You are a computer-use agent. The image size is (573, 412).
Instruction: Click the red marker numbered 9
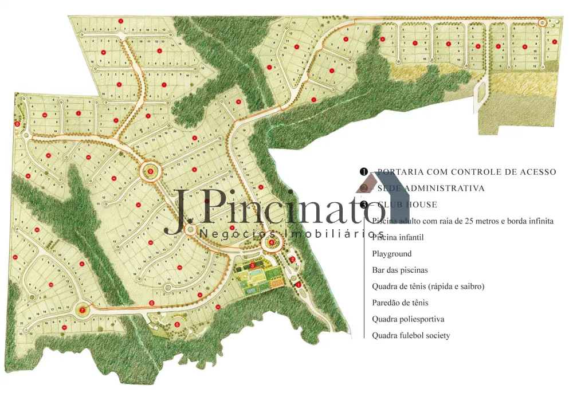(151, 171)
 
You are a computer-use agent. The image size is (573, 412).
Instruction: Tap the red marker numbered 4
(271, 242)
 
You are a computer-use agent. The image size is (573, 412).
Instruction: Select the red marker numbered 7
(83, 310)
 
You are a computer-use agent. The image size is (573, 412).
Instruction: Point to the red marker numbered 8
(18, 124)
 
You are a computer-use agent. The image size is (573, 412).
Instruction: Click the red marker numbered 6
(152, 303)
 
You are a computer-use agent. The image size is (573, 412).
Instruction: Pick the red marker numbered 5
(177, 325)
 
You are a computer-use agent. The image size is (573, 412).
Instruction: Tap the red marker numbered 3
(253, 265)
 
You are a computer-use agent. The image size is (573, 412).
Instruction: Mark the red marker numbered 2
(292, 260)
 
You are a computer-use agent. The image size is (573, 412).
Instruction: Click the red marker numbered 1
(298, 284)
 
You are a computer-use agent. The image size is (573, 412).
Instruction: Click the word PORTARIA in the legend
(400, 172)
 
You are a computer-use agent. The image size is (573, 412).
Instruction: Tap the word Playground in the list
(391, 254)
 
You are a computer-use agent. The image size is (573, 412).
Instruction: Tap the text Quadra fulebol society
(410, 336)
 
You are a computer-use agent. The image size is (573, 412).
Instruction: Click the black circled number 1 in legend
(363, 172)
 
